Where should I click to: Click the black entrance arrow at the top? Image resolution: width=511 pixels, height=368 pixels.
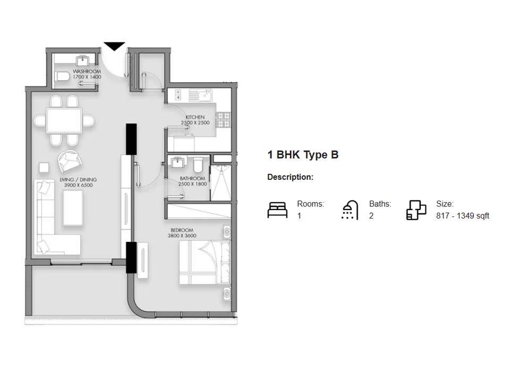[114, 46]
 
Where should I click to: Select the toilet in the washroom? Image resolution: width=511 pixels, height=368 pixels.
[61, 77]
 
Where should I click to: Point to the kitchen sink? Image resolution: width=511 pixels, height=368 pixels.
[201, 96]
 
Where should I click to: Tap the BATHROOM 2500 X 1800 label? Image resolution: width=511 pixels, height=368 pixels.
[192, 181]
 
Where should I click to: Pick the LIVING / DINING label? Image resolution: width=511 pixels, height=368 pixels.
[76, 182]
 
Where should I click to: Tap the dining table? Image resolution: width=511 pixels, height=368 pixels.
[64, 120]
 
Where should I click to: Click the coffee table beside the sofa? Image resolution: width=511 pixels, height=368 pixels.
[72, 207]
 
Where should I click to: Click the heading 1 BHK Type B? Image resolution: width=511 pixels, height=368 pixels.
[303, 155]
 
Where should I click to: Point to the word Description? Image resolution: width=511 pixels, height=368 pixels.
[290, 177]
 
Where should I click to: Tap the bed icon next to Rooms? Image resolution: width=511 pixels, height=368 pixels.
[277, 210]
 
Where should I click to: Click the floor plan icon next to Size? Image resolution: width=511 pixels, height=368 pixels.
[416, 210]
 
